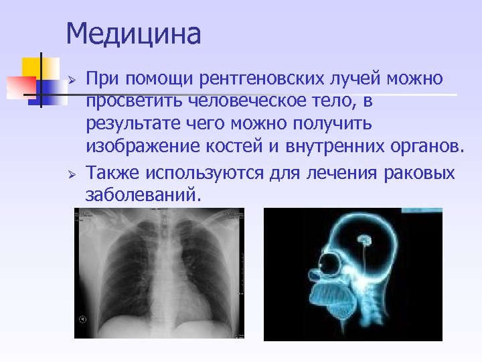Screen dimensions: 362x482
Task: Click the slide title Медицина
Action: click(x=134, y=34)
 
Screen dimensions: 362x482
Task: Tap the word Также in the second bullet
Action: click(x=114, y=172)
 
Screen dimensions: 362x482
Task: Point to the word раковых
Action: click(x=420, y=172)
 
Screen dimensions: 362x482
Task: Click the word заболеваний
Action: click(x=142, y=196)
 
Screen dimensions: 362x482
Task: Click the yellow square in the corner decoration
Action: click(x=31, y=68)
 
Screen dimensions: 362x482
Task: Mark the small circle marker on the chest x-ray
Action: click(x=84, y=319)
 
